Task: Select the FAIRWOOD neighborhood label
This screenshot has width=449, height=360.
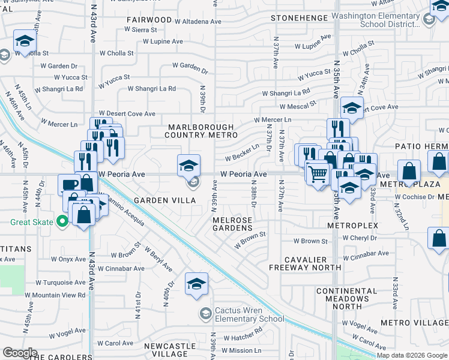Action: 149,20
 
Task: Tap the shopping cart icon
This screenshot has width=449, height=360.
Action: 317,173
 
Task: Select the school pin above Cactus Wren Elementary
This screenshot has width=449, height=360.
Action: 196,284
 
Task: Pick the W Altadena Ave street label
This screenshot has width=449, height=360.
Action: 198,22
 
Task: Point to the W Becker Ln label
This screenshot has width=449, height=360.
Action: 242,155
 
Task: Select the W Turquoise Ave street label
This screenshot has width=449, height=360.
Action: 60,282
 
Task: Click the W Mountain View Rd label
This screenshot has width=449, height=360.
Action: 55,295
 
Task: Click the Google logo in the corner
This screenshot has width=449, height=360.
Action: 20,353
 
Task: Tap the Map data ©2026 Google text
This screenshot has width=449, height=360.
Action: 412,355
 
